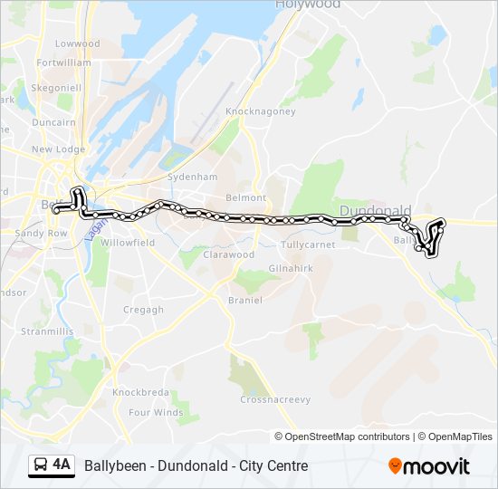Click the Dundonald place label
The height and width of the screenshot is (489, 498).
click(375, 210)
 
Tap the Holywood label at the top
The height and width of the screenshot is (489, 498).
click(309, 5)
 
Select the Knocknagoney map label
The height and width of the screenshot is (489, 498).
click(261, 111)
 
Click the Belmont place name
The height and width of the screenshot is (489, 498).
click(246, 197)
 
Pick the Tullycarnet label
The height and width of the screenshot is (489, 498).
click(308, 244)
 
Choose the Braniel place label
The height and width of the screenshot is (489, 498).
click(244, 300)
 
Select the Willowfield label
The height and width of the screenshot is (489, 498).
click(129, 244)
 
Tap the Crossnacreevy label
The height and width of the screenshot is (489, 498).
click(275, 399)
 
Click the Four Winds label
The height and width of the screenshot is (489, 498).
click(156, 413)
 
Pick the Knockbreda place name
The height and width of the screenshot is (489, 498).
click(139, 393)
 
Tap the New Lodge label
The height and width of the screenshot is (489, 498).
click(58, 149)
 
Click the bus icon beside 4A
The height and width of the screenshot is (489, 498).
click(40, 465)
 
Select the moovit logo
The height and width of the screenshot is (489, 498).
click(429, 466)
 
